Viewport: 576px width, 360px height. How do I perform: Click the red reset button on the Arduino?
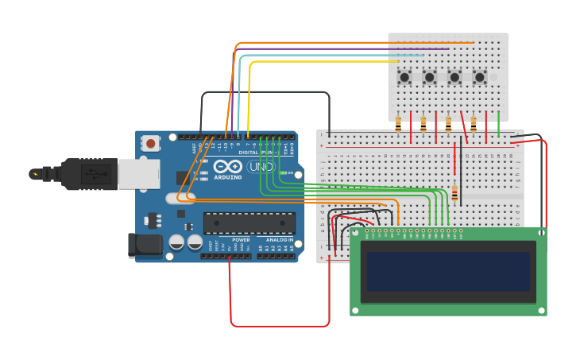(149, 143)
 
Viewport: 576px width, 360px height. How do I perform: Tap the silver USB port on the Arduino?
(139, 173)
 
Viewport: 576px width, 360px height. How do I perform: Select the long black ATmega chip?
(249, 223)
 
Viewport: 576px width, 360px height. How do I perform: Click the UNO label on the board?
(261, 167)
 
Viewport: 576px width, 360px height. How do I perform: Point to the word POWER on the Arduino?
(241, 239)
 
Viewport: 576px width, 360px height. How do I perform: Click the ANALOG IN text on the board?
(279, 239)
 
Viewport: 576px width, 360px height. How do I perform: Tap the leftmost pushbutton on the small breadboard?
(404, 77)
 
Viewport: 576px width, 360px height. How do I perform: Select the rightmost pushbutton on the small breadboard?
(480, 77)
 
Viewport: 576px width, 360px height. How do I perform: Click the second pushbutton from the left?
(430, 77)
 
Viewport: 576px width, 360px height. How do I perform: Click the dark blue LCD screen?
(448, 272)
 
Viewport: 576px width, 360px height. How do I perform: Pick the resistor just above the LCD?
(454, 194)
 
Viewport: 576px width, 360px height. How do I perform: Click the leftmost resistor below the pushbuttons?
(398, 123)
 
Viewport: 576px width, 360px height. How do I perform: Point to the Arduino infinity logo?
(226, 167)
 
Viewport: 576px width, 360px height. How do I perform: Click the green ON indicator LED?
(282, 172)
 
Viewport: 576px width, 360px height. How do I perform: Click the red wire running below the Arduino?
(278, 326)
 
